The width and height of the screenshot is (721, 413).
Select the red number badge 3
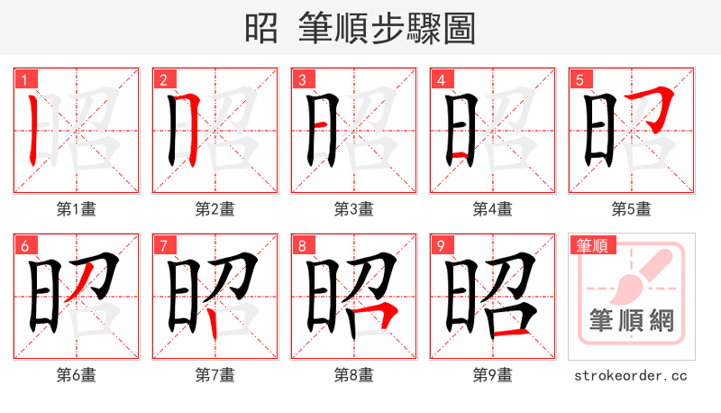click(x=302, y=79)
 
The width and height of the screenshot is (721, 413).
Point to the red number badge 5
click(x=580, y=79)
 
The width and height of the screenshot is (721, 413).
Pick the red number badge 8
click(x=302, y=244)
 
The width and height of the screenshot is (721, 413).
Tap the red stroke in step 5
click(x=659, y=105)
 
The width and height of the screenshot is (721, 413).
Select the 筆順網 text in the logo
click(x=631, y=321)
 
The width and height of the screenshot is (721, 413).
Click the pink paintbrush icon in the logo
click(x=642, y=271)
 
